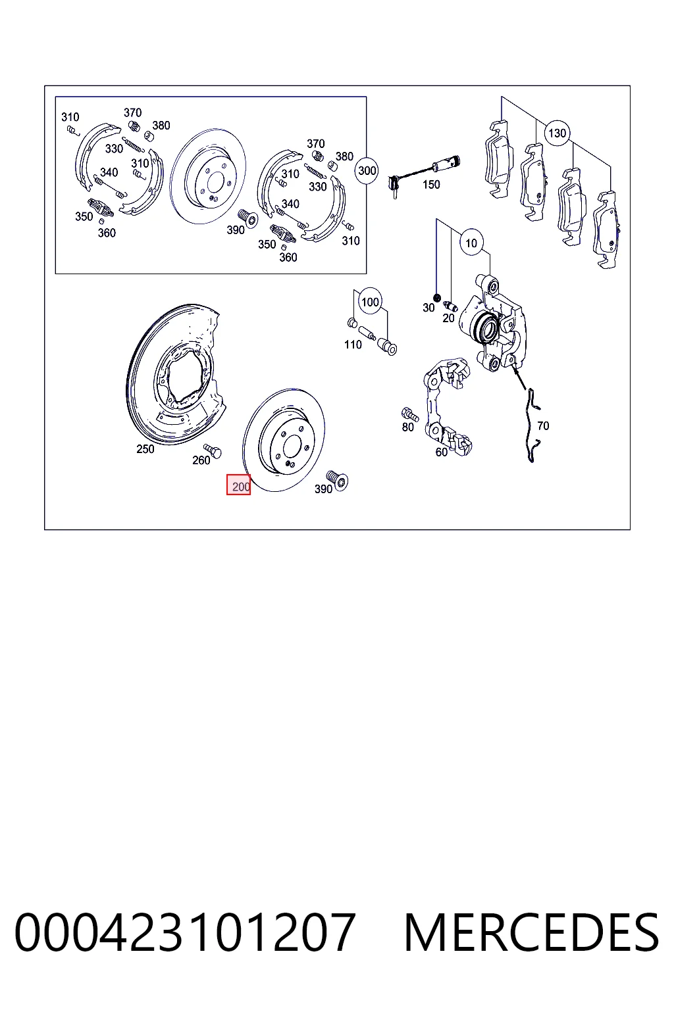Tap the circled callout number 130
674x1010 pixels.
point(557,133)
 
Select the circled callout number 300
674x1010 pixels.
point(367,170)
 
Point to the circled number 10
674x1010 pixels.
point(471,243)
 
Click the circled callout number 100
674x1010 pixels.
point(370,302)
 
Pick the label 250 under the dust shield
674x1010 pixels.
point(145,449)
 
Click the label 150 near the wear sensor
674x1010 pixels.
point(431,184)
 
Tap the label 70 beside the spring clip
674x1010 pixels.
point(543,425)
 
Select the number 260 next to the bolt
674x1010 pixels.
point(201,460)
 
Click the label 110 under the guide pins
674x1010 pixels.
point(353,345)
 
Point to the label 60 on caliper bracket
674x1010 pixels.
point(441,452)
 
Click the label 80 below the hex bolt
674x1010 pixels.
point(407,427)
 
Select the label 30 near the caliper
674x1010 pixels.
point(428,308)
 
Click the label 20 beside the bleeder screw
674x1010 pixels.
point(448,318)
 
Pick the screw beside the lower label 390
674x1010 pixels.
point(337,480)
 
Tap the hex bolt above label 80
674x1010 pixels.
point(409,414)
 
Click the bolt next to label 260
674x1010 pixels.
point(213,450)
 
